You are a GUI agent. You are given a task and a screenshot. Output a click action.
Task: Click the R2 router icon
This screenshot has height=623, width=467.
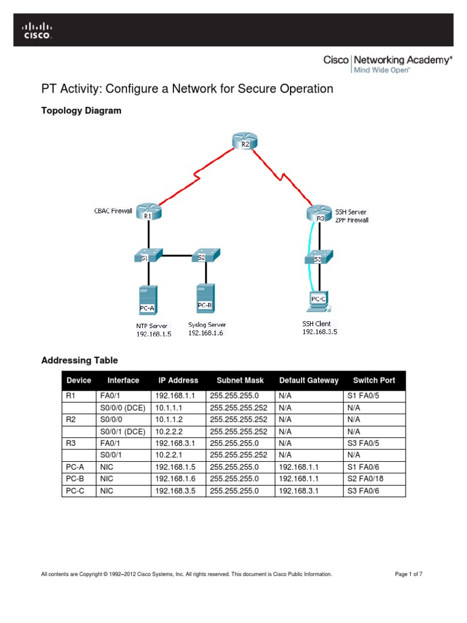(245, 141)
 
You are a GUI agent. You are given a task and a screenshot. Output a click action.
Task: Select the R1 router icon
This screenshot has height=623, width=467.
(148, 212)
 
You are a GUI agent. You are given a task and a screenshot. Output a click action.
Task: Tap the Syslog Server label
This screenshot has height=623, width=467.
(207, 325)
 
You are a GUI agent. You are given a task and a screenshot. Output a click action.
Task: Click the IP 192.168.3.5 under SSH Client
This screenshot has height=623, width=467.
(320, 332)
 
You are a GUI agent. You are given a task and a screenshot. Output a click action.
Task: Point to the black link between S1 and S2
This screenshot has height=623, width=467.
(176, 256)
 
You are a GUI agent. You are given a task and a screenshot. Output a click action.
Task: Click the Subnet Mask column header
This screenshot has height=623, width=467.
(240, 380)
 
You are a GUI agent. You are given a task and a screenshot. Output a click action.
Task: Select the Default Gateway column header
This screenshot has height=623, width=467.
(309, 380)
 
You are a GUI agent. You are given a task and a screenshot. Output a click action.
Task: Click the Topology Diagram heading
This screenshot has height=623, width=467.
(81, 111)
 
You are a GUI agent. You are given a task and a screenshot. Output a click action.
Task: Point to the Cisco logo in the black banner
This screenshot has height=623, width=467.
(38, 30)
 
